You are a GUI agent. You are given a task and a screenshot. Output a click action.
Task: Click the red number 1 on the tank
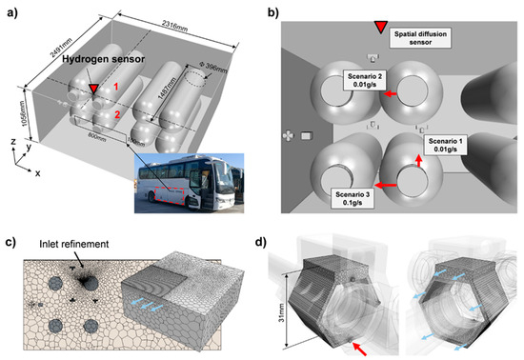[117, 88]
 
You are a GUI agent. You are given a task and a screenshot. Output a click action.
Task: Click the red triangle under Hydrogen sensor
[93, 90]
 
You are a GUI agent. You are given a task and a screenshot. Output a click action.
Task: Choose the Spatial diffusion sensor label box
[423, 37]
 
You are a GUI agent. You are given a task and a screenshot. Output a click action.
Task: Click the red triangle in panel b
[381, 26]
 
